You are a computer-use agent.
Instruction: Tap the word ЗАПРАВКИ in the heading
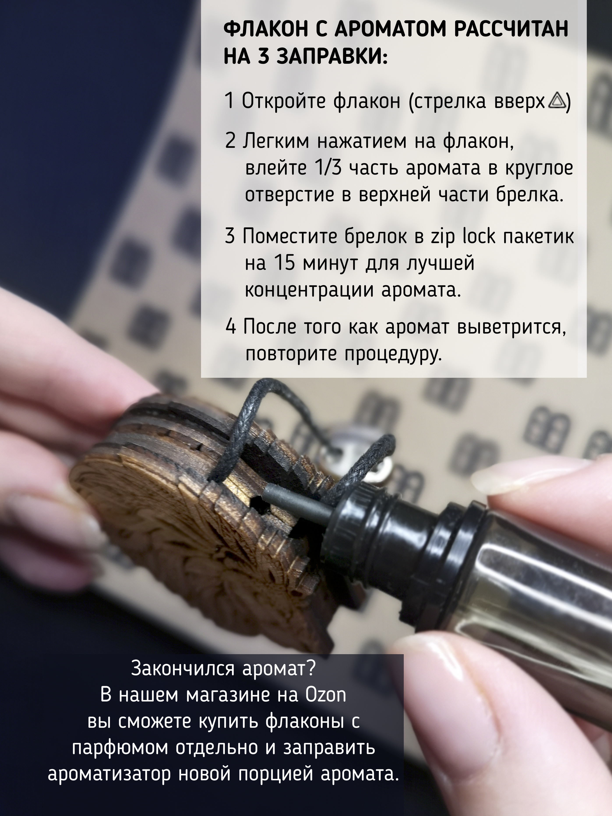pyautogui.click(x=332, y=58)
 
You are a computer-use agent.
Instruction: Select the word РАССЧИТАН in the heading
pyautogui.click(x=511, y=30)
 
